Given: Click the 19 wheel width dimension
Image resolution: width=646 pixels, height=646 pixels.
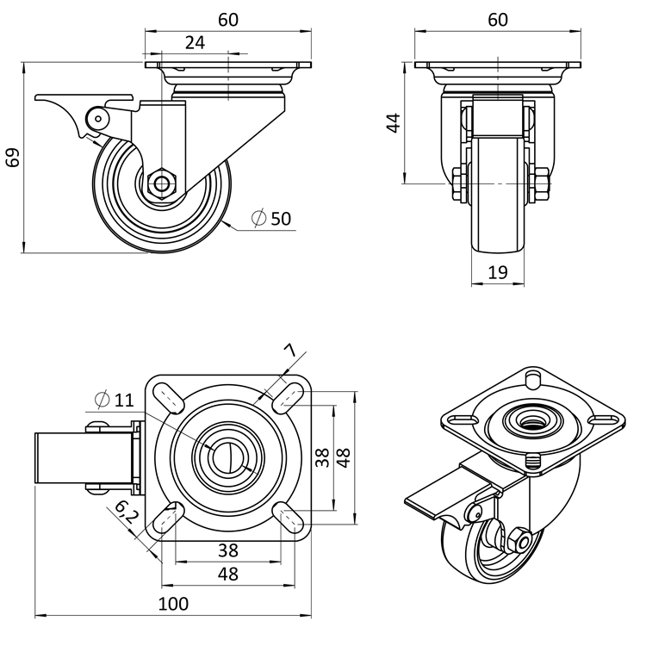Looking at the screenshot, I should click(x=498, y=272).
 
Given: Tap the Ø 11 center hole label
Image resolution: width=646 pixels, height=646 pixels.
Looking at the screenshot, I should click(x=114, y=399).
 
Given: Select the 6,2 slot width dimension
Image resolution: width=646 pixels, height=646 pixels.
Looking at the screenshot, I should click(x=126, y=514).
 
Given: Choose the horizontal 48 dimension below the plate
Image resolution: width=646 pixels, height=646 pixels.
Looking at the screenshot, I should click(x=227, y=574).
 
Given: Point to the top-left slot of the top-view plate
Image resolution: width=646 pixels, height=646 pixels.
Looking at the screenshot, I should click(x=171, y=399).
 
